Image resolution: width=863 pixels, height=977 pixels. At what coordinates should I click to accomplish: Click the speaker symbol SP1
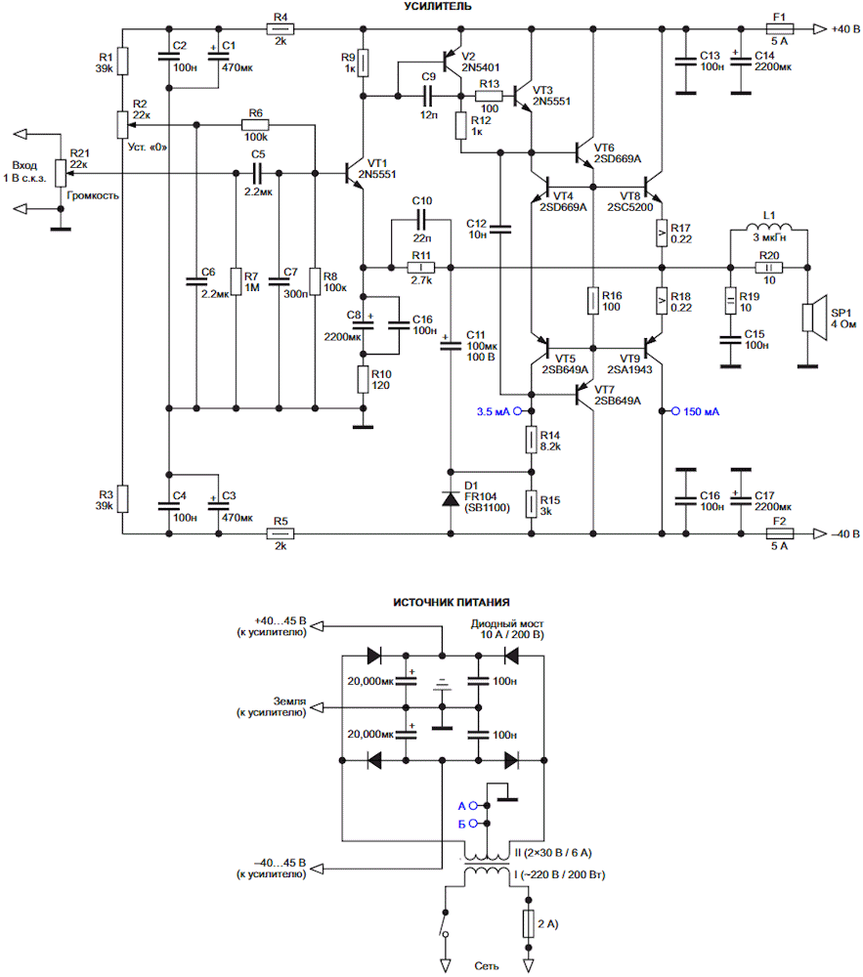point(814,318)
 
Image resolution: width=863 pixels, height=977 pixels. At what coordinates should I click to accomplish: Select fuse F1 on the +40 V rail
point(779,28)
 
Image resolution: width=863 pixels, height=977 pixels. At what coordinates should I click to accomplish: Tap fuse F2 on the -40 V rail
point(779,533)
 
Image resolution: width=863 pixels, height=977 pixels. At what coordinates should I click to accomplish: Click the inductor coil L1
point(769,227)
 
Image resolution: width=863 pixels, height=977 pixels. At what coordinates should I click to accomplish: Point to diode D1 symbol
point(451,498)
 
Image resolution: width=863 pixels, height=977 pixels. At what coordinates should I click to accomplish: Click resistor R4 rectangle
point(280,28)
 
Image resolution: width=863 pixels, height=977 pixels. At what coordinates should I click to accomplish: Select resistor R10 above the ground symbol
point(364,379)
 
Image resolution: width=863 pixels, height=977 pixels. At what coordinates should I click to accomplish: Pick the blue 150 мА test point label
point(701,411)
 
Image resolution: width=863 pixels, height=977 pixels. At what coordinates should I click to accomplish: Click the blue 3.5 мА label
point(493,411)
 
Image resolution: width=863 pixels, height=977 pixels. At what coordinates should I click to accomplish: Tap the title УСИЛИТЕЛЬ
point(438,6)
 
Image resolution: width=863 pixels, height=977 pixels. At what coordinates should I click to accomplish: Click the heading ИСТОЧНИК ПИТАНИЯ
point(452,602)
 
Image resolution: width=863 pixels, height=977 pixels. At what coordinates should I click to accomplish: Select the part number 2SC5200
point(630,207)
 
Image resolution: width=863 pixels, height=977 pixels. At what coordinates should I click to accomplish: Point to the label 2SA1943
point(629,369)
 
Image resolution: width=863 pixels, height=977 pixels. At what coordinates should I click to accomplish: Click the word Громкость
point(92,195)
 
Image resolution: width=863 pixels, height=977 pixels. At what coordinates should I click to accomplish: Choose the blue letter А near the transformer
point(461,806)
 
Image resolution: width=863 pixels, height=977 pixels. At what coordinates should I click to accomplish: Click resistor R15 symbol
point(531,504)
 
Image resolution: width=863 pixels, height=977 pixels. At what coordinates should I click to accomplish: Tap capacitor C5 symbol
point(257,173)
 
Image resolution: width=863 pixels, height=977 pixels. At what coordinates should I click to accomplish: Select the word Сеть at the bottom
point(486,966)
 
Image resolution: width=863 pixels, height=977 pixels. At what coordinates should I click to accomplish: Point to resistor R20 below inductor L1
point(769,268)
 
